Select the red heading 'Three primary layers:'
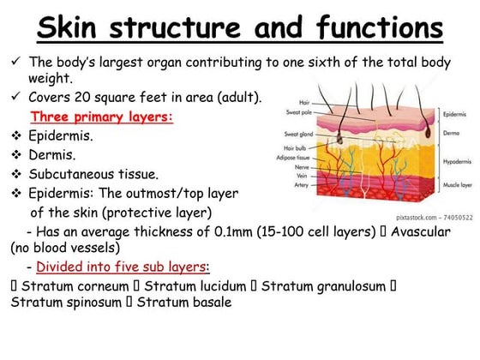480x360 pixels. pos(101,116)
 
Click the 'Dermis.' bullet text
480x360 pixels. pos(52,155)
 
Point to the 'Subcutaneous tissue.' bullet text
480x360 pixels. pos(93,175)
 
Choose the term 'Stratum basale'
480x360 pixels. pos(183,302)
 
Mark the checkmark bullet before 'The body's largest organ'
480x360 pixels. pos(16,63)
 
